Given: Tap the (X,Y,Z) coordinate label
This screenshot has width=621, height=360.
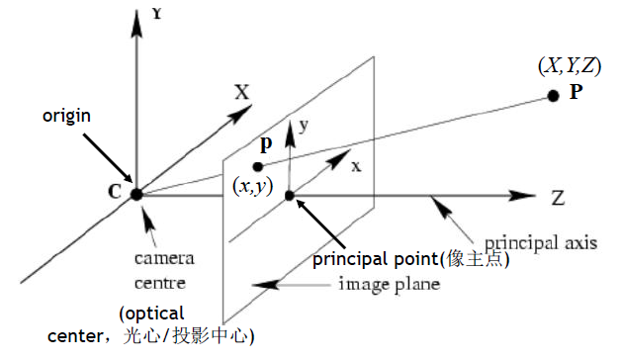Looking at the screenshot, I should [568, 66].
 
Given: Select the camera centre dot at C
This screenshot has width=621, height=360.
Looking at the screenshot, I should [136, 194].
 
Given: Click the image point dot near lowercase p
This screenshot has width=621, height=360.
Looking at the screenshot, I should [258, 166].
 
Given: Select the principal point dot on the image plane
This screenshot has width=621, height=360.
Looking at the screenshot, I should [290, 195].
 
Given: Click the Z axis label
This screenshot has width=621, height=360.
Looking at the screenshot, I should [558, 198].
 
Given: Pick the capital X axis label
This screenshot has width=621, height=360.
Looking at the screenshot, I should [241, 93].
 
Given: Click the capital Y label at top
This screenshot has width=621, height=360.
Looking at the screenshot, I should [156, 15].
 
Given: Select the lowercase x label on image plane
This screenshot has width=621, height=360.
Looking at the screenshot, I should [356, 165].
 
